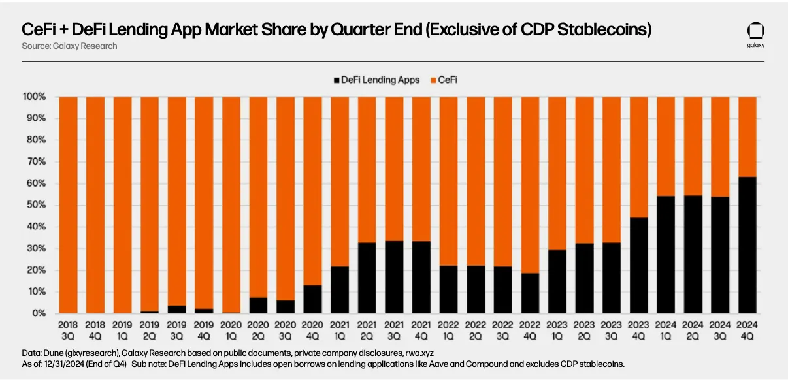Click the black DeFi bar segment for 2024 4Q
[747, 245]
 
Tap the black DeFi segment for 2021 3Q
[393, 277]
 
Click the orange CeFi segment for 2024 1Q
[665, 146]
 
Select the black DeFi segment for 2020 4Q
[312, 299]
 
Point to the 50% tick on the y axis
[35, 205]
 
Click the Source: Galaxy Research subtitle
[70, 46]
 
